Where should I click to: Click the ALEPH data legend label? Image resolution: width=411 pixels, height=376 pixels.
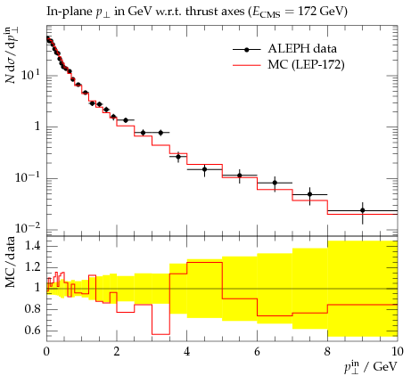tap(302, 48)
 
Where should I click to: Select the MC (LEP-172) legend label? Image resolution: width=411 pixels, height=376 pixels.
tap(306, 64)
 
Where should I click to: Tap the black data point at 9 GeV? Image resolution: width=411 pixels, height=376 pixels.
tap(363, 210)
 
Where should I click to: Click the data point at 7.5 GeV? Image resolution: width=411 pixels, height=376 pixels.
tap(310, 194)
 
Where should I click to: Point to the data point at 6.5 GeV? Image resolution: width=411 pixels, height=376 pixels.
tap(275, 183)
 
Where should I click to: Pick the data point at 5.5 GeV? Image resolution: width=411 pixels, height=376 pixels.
tap(240, 176)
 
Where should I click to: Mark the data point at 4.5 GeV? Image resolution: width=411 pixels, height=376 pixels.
tap(204, 169)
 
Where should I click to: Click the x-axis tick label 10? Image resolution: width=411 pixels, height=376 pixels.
tap(397, 352)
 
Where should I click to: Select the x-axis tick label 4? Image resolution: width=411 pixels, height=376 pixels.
tap(186, 352)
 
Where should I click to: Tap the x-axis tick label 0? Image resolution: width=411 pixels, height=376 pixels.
tap(46, 352)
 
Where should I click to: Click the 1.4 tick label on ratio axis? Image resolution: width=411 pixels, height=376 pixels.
tap(32, 246)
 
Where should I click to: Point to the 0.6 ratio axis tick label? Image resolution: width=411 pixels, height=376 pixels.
tap(32, 331)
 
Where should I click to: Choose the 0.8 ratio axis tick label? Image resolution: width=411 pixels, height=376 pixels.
tap(32, 309)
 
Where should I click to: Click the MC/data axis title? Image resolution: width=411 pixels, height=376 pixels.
tap(11, 262)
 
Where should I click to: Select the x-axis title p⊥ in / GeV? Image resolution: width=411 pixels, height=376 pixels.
tap(371, 366)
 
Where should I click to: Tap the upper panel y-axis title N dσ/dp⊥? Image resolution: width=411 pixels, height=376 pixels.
tap(11, 55)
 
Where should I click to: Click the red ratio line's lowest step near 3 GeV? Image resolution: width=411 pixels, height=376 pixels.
tap(160, 334)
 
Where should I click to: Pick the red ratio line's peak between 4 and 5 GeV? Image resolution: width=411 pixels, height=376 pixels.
tap(204, 262)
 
